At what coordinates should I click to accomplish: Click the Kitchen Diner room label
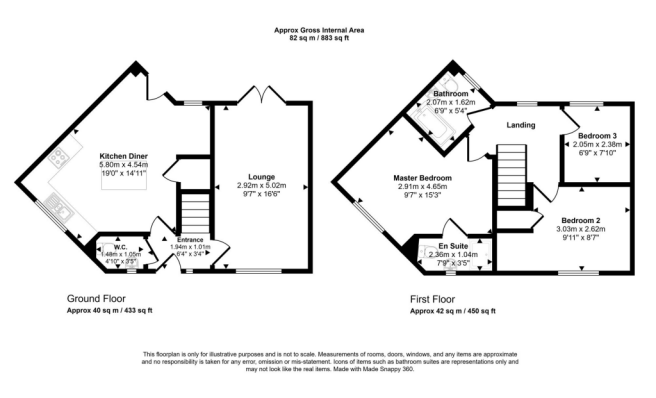pos(123,156)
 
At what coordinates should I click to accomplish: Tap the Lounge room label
pos(261,177)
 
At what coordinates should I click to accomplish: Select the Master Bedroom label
pos(422,178)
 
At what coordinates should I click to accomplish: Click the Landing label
pos(520,125)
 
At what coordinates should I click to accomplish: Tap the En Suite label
pos(453,246)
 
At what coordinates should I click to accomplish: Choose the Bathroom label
pos(451,93)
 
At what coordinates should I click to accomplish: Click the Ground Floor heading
pos(96,299)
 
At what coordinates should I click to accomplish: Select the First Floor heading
pos(432,299)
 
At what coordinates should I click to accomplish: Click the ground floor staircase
pos(195,213)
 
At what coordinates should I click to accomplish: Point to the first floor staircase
pos(511,175)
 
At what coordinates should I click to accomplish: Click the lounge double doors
pos(262,95)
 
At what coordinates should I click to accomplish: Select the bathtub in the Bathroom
pos(433,124)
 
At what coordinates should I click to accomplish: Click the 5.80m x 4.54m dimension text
pos(123,165)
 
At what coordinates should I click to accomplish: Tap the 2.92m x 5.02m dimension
pos(261,185)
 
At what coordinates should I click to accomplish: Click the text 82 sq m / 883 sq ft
pos(319,38)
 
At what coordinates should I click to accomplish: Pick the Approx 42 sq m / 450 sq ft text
pos(453,311)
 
